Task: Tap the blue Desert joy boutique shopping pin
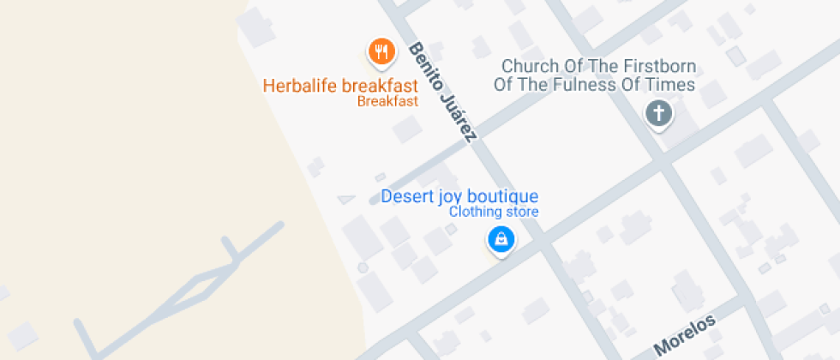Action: (501, 240)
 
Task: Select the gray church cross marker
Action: (658, 114)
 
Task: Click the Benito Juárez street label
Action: (442, 93)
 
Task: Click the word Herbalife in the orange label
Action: (299, 86)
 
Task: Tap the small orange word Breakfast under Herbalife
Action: (387, 101)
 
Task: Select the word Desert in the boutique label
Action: (407, 196)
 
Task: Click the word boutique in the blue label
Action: (503, 196)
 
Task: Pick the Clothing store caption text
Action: (495, 212)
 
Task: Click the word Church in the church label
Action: (529, 66)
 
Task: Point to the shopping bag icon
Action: (501, 238)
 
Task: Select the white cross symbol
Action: (658, 112)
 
